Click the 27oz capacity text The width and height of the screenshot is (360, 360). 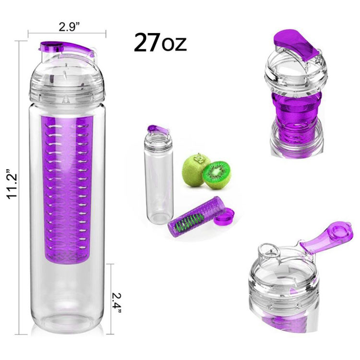pos(160,43)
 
